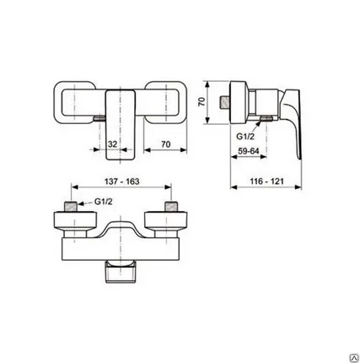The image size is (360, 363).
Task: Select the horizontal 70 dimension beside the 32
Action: tap(165, 144)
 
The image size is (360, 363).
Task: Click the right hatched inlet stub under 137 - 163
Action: tap(172, 207)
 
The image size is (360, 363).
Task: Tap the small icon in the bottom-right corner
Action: tap(341, 345)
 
